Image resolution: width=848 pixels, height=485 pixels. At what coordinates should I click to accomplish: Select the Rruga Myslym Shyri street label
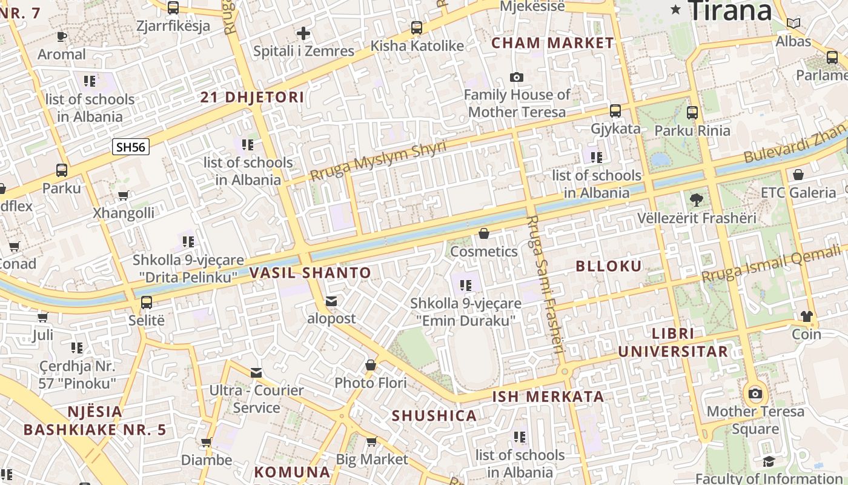click(x=378, y=161)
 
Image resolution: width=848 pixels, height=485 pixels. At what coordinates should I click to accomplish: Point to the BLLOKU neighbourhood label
click(x=608, y=266)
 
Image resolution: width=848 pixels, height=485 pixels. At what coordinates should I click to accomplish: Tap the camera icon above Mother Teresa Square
click(x=755, y=394)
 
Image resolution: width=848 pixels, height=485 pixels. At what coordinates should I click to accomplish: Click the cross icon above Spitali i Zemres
click(x=303, y=33)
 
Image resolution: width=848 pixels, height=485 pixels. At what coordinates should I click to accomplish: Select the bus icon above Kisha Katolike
click(x=417, y=28)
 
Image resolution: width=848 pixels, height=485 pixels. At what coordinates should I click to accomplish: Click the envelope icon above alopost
click(x=331, y=301)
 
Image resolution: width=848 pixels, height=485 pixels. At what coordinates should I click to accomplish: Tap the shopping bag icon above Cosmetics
click(x=484, y=233)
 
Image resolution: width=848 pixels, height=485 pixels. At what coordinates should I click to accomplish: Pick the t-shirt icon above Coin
click(x=806, y=316)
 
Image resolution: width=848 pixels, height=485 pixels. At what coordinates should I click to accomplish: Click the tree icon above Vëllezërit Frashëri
click(x=697, y=199)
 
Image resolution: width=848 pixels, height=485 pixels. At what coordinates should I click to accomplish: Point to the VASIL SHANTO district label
click(x=311, y=273)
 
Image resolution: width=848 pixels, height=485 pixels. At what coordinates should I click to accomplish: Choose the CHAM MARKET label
click(x=552, y=43)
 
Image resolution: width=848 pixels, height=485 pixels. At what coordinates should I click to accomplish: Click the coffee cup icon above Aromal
click(x=61, y=36)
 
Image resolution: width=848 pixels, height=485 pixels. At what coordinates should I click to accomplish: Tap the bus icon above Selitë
click(x=147, y=302)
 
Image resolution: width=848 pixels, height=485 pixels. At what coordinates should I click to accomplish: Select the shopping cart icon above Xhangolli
click(x=124, y=195)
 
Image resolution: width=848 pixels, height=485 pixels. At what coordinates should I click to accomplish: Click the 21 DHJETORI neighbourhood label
click(x=252, y=98)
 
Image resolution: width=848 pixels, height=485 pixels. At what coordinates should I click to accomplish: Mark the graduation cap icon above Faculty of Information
click(x=769, y=461)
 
